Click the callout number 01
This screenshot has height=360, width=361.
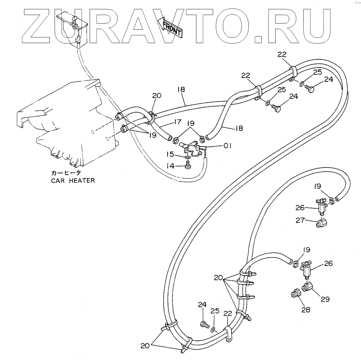228,146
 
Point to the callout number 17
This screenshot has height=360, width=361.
177,122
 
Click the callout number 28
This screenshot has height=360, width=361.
306,309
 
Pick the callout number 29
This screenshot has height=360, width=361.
325,299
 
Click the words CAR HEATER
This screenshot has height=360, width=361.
73,181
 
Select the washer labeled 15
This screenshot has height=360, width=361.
188,158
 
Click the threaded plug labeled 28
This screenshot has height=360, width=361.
295,294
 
